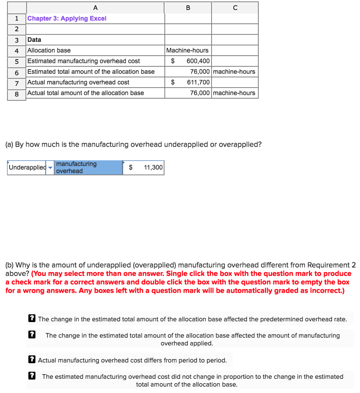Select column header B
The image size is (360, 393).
coord(188,7)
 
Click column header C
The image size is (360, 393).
coord(235,7)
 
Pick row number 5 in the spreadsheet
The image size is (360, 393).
coord(16,61)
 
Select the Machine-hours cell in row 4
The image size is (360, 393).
coord(187,50)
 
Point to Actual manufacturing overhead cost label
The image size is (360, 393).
coord(78,82)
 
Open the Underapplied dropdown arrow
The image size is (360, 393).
coord(50,168)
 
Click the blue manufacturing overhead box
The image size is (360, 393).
coord(88,168)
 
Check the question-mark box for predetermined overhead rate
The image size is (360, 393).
coord(33,319)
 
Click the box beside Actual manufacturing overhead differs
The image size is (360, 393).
coord(33,360)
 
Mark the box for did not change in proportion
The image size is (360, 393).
coord(33,376)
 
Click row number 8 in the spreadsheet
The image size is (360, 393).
coord(16,93)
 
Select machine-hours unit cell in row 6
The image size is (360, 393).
coord(234,72)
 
